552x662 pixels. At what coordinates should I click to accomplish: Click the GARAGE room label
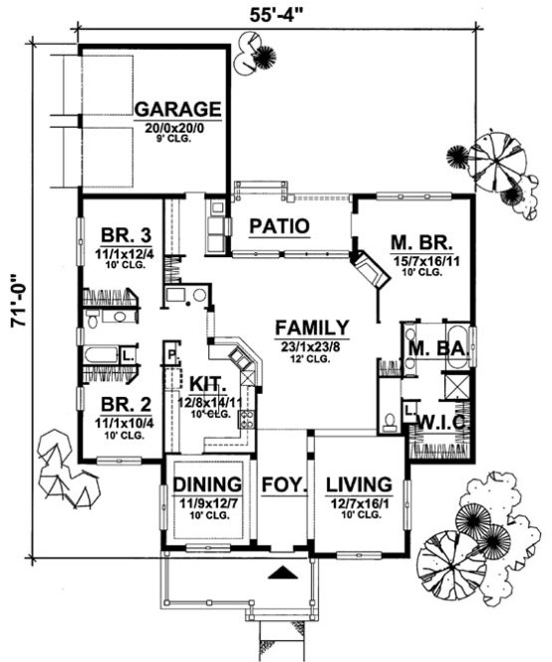click(x=178, y=108)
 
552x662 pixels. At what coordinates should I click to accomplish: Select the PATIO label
click(x=277, y=226)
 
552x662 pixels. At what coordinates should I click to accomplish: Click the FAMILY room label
click(x=312, y=328)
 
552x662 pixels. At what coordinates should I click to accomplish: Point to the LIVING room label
click(x=354, y=484)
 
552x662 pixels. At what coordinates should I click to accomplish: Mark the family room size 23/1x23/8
click(x=312, y=346)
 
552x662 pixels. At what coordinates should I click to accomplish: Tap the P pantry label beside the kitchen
click(x=172, y=352)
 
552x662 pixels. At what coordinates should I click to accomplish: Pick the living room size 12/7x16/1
click(x=354, y=501)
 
